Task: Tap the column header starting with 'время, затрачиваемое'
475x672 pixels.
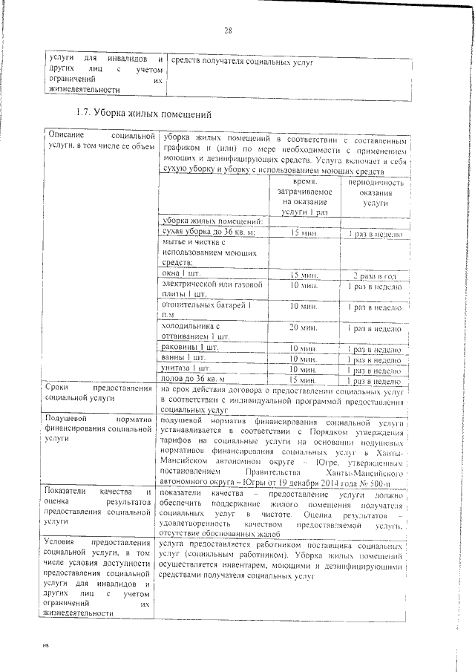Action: point(304,197)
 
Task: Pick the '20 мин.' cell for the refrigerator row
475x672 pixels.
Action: point(304,327)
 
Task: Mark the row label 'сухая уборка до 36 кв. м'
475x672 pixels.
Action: point(208,232)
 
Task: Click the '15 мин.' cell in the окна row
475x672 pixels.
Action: point(304,275)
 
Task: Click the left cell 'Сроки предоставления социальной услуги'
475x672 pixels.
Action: point(100,394)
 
